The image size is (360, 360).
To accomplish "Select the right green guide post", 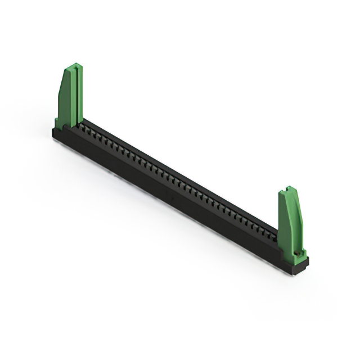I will coord(291,222).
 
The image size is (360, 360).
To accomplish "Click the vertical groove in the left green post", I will coord(72,96).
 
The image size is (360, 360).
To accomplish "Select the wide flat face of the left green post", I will coord(65,98).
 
